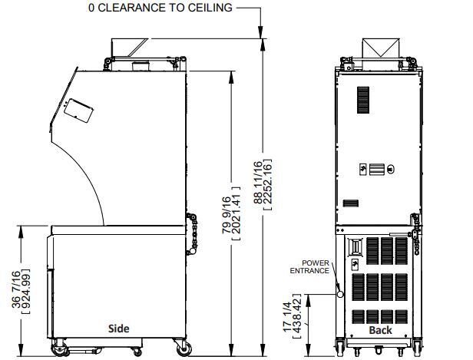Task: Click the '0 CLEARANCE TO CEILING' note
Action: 160,8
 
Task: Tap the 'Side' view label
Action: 119,329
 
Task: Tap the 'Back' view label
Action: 380,330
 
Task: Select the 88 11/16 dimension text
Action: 259,183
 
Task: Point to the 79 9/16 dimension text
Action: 227,215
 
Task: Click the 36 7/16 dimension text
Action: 16,289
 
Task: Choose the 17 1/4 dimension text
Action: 288,317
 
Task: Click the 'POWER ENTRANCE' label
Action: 309,267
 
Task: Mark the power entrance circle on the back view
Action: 340,294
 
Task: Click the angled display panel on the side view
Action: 78,111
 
